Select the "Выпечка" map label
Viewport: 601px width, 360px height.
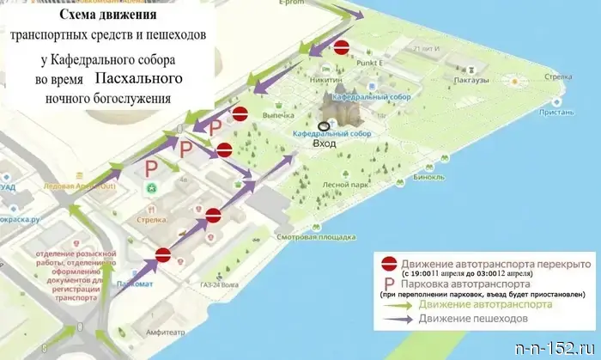(x=279, y=114)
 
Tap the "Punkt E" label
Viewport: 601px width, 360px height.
(x=380, y=62)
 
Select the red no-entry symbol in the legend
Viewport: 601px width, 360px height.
(x=390, y=264)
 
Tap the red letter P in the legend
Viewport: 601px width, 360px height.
(x=390, y=284)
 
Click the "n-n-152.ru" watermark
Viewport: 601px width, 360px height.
(x=557, y=349)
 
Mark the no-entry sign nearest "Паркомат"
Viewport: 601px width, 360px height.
(x=164, y=253)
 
